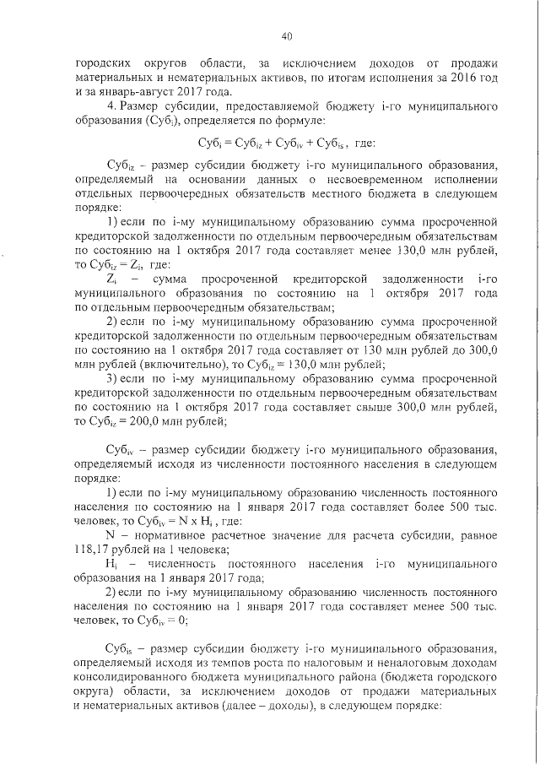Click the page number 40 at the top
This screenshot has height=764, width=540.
pyautogui.click(x=286, y=36)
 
